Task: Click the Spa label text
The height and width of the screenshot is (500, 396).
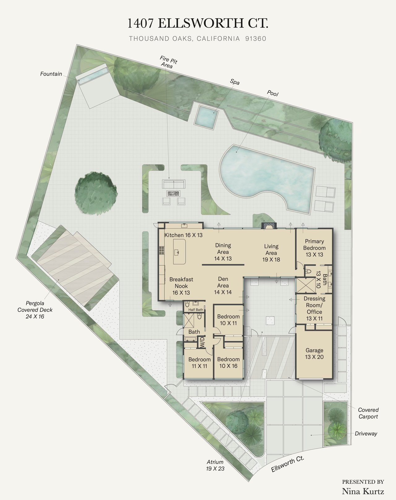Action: click(235, 82)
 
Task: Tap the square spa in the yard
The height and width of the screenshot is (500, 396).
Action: click(206, 117)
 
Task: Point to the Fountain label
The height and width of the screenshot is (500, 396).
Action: click(51, 74)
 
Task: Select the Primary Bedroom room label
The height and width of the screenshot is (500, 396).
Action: click(314, 245)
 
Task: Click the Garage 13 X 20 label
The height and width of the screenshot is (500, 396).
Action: click(314, 353)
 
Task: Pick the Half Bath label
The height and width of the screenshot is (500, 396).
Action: click(196, 310)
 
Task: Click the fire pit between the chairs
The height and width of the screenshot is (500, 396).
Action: click(173, 193)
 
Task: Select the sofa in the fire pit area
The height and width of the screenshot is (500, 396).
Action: click(174, 184)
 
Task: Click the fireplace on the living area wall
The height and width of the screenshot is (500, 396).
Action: click(269, 226)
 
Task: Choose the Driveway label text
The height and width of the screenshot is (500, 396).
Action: click(366, 434)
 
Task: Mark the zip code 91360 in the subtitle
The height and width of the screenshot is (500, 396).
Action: click(256, 39)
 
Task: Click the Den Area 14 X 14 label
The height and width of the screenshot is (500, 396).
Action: click(223, 285)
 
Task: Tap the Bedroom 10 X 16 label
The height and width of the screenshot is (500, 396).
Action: click(228, 362)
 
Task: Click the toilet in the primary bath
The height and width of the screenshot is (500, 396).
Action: click(308, 271)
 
